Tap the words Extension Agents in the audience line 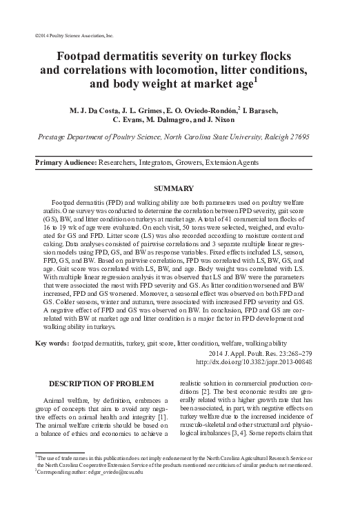(236, 163)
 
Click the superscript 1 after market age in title (255, 80)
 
